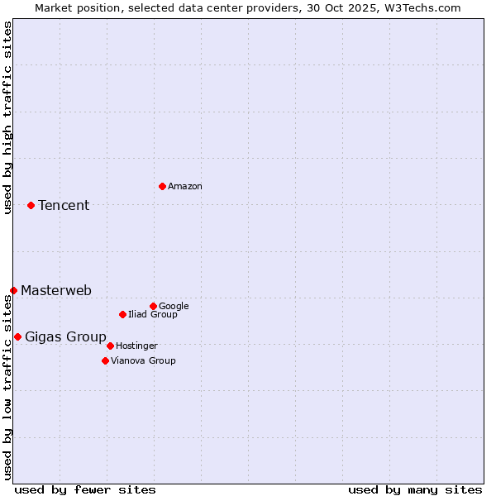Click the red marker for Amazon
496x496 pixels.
(162, 186)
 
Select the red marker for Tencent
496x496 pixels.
(31, 205)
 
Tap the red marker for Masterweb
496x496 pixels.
(13, 290)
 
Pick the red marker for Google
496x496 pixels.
(153, 306)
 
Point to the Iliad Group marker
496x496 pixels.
(122, 314)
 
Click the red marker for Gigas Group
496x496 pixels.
(17, 336)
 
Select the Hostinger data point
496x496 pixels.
(110, 346)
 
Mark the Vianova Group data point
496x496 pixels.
(105, 360)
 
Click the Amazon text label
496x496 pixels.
(185, 187)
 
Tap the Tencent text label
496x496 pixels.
(64, 206)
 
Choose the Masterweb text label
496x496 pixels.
(56, 291)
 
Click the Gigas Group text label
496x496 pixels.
(65, 337)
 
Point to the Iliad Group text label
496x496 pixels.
(153, 315)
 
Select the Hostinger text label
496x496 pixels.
(136, 346)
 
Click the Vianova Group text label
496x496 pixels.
(143, 361)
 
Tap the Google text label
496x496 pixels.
(174, 307)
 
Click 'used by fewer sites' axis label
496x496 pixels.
(85, 490)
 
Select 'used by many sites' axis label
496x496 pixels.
(415, 490)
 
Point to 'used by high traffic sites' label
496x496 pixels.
(7, 117)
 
